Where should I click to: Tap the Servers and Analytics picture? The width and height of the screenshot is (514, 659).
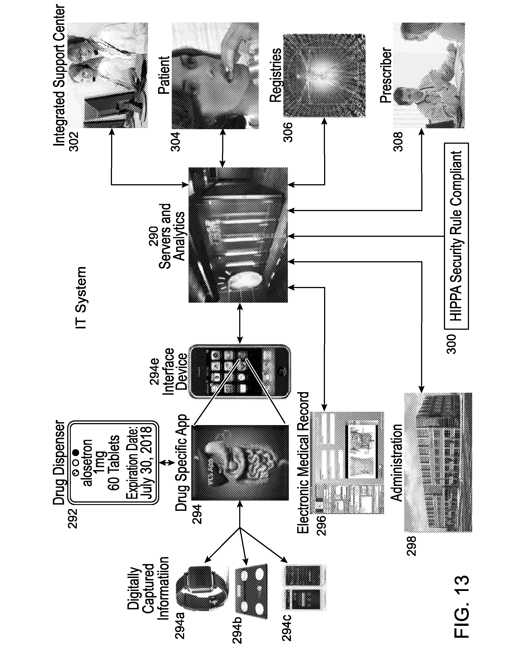[238, 235]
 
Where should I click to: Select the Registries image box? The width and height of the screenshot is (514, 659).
[325, 75]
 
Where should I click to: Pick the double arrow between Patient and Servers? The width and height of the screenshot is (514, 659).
[223, 148]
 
